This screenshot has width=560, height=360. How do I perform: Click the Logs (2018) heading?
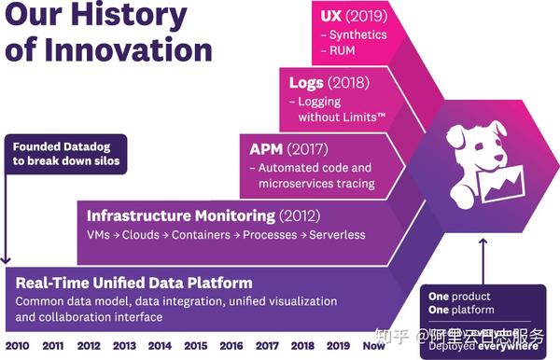click(x=329, y=82)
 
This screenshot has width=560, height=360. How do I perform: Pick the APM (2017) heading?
click(x=288, y=149)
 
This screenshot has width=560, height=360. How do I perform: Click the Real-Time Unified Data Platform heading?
click(x=134, y=283)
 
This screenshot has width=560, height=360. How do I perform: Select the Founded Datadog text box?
click(x=64, y=153)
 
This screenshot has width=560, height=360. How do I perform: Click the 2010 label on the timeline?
click(x=17, y=345)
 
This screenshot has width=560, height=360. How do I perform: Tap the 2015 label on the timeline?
click(x=194, y=345)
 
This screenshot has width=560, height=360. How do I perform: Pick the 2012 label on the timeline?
click(x=89, y=345)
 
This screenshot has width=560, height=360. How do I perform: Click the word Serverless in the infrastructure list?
click(x=337, y=235)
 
